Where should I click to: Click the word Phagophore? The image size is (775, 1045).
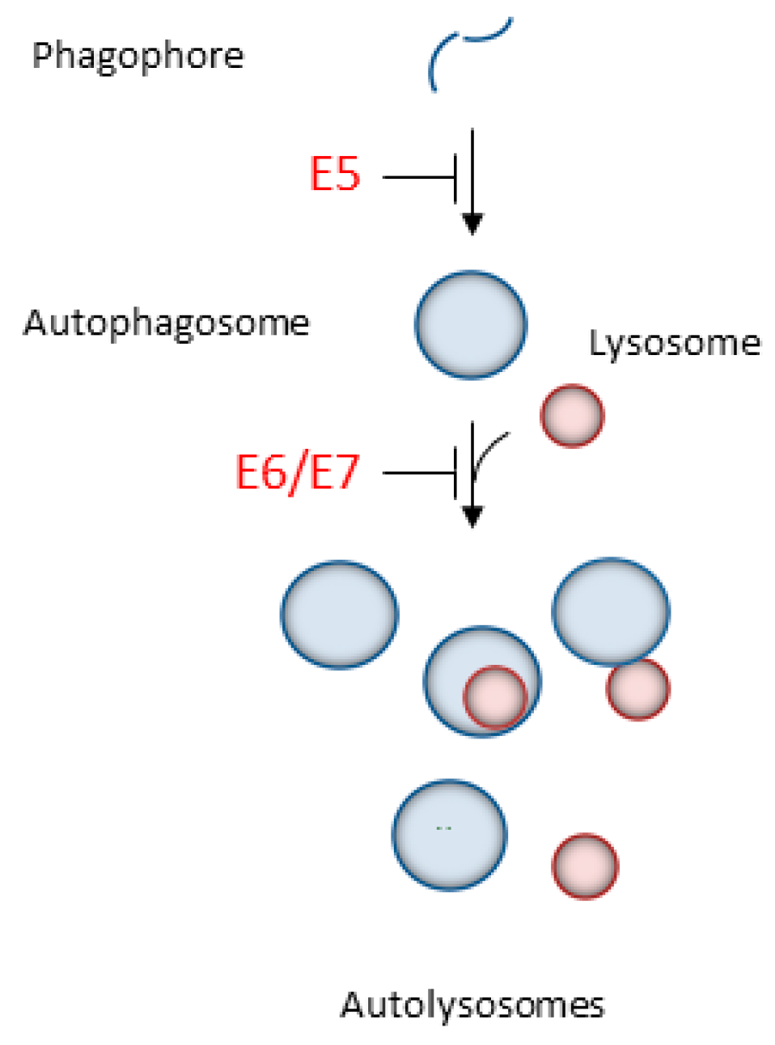[x=138, y=56]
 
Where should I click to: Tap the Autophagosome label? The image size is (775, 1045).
[x=167, y=324]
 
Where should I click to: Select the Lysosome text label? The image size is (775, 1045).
[x=674, y=343]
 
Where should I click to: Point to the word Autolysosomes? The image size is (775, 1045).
[x=472, y=1005]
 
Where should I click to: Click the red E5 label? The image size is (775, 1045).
[x=334, y=174]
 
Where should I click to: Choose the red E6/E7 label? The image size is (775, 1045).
[x=297, y=472]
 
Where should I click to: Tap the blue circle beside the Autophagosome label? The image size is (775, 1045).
[x=471, y=324]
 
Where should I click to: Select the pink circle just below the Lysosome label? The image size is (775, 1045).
[x=572, y=416]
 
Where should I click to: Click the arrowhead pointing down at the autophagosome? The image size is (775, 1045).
[x=472, y=223]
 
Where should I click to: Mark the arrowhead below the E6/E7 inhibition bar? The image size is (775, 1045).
[x=472, y=516]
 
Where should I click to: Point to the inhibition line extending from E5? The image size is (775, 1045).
[x=419, y=177]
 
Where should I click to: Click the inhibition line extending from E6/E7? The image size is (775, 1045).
[x=419, y=473]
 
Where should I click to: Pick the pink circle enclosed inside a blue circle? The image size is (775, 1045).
[x=494, y=696]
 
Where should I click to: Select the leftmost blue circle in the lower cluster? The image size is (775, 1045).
[x=339, y=615]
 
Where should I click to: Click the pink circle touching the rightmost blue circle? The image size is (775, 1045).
[x=638, y=690]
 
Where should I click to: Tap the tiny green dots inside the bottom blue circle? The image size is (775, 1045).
[x=443, y=827]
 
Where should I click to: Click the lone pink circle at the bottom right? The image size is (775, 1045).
[x=585, y=865]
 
